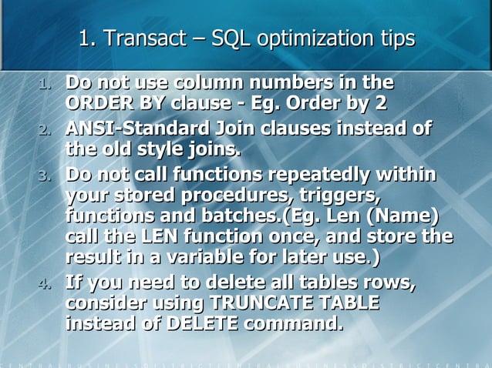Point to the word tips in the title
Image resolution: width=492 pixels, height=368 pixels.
click(x=395, y=38)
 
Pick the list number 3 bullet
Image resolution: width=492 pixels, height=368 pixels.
click(x=45, y=175)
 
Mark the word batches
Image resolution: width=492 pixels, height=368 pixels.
click(x=248, y=212)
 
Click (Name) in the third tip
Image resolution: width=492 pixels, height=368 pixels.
click(x=406, y=212)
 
